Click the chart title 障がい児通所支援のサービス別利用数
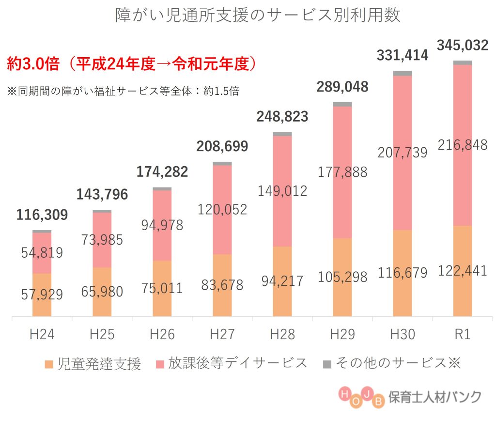pos(258,15)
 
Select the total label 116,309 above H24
pos(42,215)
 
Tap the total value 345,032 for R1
pos(462,46)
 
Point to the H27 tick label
pos(222,334)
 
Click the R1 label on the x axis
pos(463,334)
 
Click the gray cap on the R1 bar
pos(463,62)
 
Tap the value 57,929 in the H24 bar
pos(42,295)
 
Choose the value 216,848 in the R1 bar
pos(463,144)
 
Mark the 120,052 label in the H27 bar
pos(222,209)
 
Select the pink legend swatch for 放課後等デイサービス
pos(159,364)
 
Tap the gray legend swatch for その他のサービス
pos(326,364)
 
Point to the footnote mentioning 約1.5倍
pos(123,91)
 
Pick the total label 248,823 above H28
pos(282,117)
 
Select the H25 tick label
pos(102,334)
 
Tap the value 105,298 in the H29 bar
pos(342,277)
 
